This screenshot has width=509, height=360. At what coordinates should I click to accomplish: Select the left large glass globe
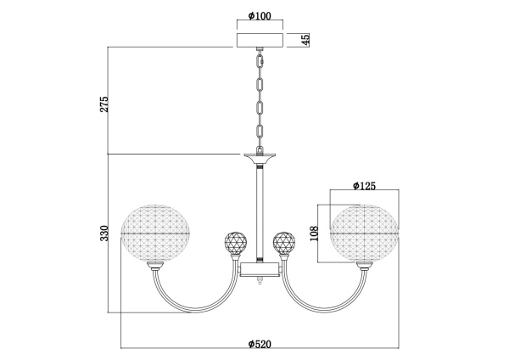point(157,232)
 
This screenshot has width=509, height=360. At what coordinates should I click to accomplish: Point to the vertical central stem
point(259,212)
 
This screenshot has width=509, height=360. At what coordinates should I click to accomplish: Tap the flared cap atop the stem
point(259,158)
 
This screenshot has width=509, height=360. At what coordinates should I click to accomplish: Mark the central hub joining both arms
point(259,271)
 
